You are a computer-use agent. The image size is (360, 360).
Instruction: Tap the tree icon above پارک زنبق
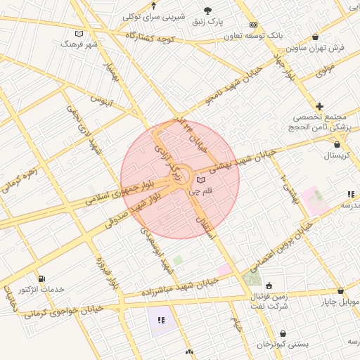tap(207, 10)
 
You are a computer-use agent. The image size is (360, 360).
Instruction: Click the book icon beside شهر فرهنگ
tap(79, 34)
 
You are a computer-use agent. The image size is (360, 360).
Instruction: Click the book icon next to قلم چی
tap(200, 181)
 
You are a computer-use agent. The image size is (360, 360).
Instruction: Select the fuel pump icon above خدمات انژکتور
tap(41, 278)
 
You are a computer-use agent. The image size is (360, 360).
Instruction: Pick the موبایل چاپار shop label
tap(341, 302)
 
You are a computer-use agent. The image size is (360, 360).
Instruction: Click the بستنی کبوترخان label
tap(283, 345)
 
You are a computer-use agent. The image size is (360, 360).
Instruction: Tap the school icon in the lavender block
tap(160, 320)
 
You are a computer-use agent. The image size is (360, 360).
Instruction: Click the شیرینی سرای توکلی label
tap(153, 15)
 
